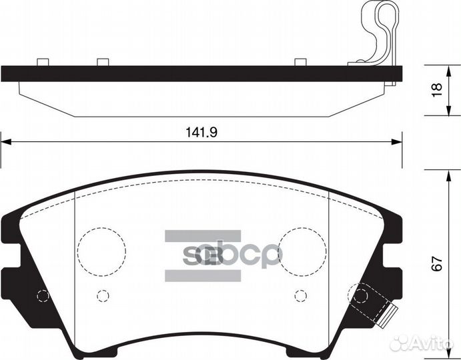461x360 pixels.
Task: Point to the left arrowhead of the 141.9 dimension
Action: point(6,141)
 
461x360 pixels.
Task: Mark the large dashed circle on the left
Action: point(101,250)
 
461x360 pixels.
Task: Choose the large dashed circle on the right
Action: point(302,250)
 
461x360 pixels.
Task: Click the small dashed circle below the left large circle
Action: point(102,295)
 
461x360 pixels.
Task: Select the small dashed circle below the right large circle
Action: point(300,295)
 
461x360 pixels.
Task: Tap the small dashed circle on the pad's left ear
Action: point(43,296)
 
